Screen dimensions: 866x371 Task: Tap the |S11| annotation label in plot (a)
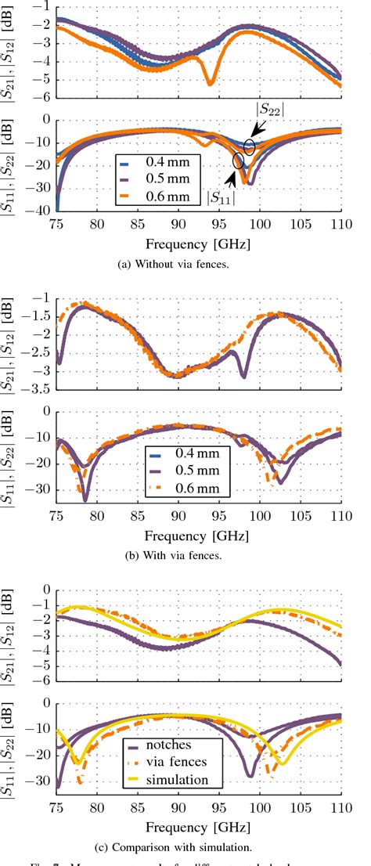(x=222, y=198)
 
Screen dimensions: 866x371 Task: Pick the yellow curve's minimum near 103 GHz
(x=283, y=763)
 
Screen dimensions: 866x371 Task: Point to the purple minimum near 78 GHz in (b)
(x=85, y=499)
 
